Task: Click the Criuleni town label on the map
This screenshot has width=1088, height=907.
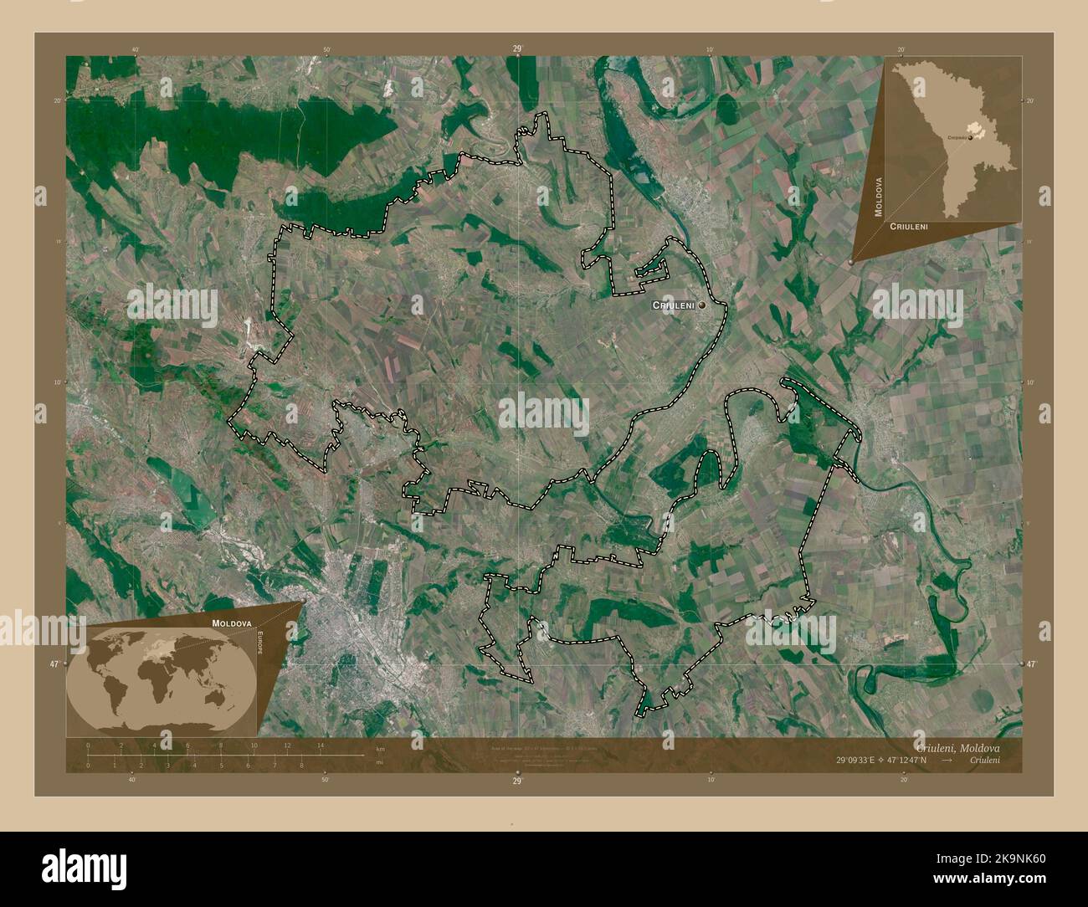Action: point(674,307)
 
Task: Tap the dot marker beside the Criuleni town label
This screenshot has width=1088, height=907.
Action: point(702,307)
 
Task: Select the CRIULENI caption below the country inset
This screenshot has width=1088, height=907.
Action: point(909,227)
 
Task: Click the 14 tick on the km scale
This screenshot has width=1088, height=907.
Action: point(320,745)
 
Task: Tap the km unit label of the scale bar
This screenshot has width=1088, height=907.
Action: point(380,748)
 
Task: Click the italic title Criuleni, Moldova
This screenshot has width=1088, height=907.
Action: point(957,746)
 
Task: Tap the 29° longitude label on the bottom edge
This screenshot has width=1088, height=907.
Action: point(517,780)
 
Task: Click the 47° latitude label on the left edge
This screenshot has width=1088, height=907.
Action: point(54,664)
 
